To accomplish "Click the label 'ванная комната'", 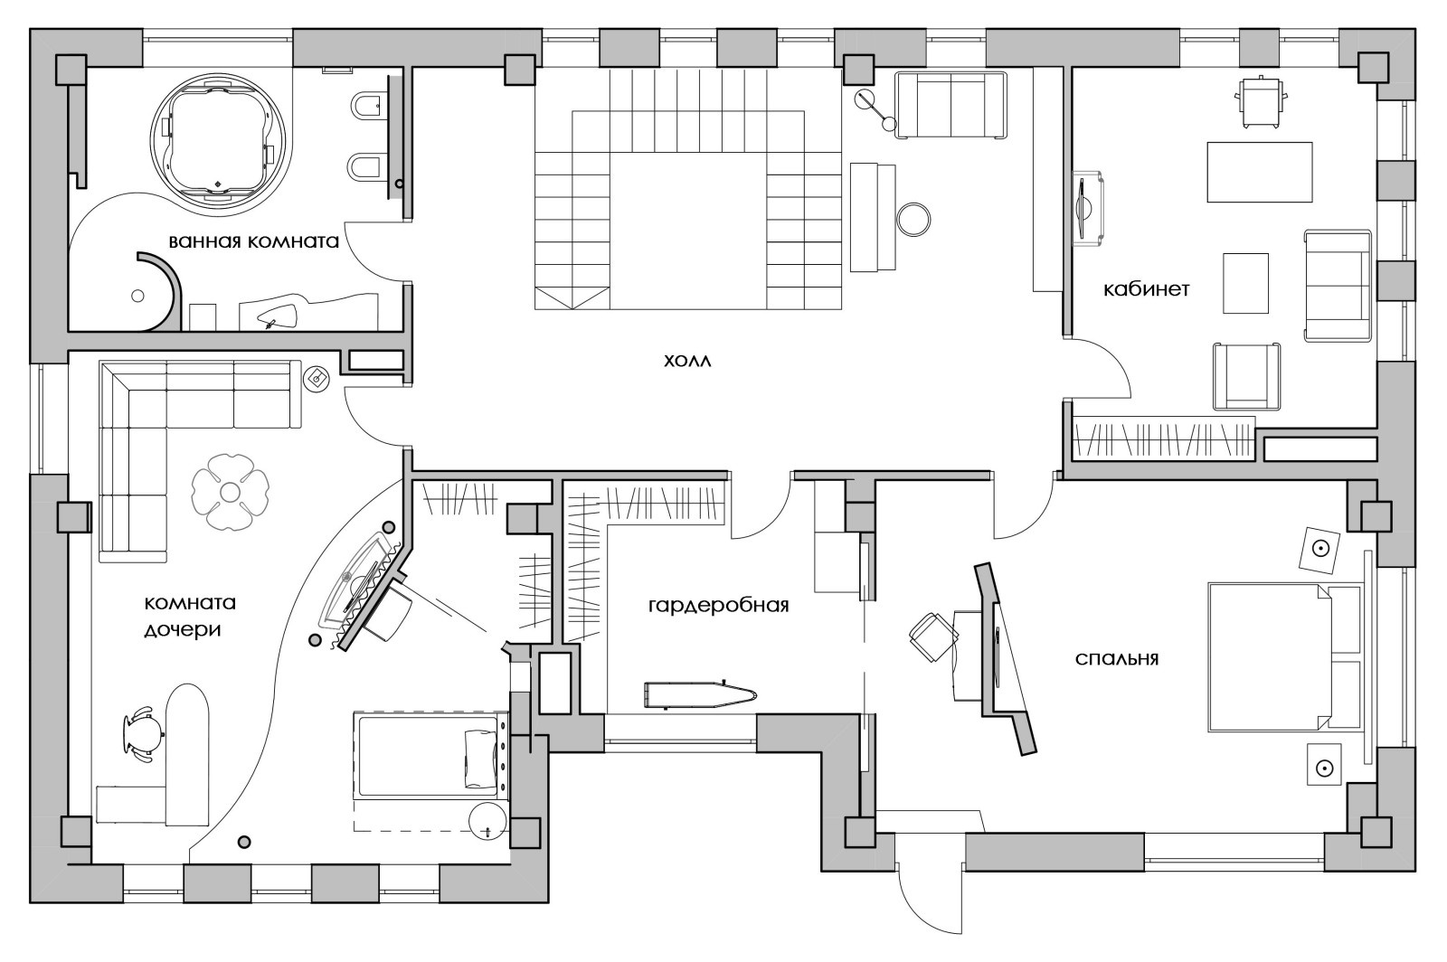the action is [254, 241].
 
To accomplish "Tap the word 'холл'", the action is [687, 360].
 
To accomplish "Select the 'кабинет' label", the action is [1146, 289].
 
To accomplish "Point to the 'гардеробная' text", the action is [718, 606].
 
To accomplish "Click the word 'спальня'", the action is [1117, 658].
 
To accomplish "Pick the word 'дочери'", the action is [182, 629].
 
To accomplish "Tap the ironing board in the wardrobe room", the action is [701, 694].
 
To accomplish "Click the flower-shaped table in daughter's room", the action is [230, 492].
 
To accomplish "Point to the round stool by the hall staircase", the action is [913, 220].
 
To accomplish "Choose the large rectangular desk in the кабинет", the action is [1260, 173].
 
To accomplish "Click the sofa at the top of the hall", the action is [950, 105].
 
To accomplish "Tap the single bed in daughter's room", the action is [431, 754].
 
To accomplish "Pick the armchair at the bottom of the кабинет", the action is [1246, 376].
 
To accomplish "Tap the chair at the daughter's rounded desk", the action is [141, 735].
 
